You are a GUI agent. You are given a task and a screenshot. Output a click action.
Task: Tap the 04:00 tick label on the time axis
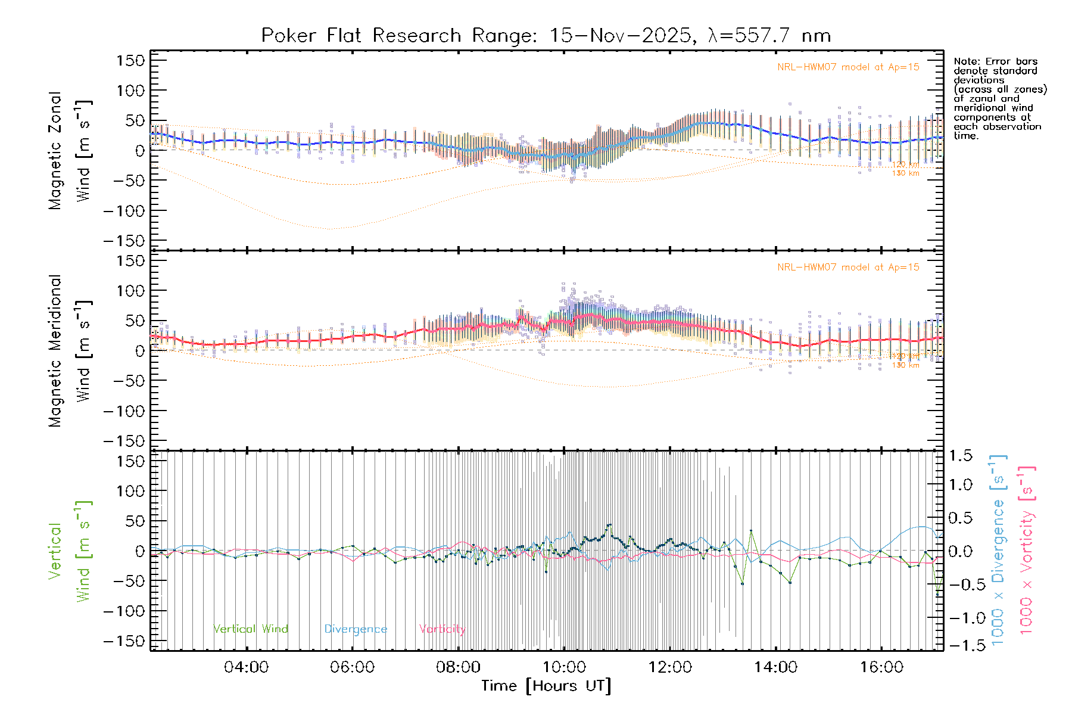[x=246, y=667]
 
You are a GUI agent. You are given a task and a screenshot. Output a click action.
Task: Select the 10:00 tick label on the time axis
[x=564, y=667]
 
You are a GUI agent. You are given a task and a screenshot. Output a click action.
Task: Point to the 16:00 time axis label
[x=881, y=667]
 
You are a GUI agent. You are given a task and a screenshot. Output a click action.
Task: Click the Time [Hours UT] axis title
[x=546, y=686]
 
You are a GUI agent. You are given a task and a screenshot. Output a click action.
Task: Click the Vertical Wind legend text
[x=251, y=629]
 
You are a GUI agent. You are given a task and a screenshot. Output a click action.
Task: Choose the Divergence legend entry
[x=356, y=629]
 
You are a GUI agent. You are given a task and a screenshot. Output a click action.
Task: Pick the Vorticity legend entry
[x=442, y=629]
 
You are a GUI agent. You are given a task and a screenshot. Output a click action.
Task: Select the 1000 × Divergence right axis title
[x=998, y=551]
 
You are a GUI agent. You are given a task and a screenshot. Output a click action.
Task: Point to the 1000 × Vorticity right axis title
[x=1026, y=551]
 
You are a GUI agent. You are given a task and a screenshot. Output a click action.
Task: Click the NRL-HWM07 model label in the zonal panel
[x=848, y=67]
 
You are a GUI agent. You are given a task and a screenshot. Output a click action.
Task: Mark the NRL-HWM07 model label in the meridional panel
[x=848, y=268]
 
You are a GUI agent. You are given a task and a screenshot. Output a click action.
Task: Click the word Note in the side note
[x=965, y=61]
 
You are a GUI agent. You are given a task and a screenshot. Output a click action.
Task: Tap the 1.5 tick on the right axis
[x=960, y=456]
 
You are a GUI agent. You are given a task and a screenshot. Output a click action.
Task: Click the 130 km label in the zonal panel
[x=905, y=173]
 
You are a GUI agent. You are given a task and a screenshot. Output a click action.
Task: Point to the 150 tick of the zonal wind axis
[x=130, y=61]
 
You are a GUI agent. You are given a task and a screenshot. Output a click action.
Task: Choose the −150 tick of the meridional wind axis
[x=124, y=441]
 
